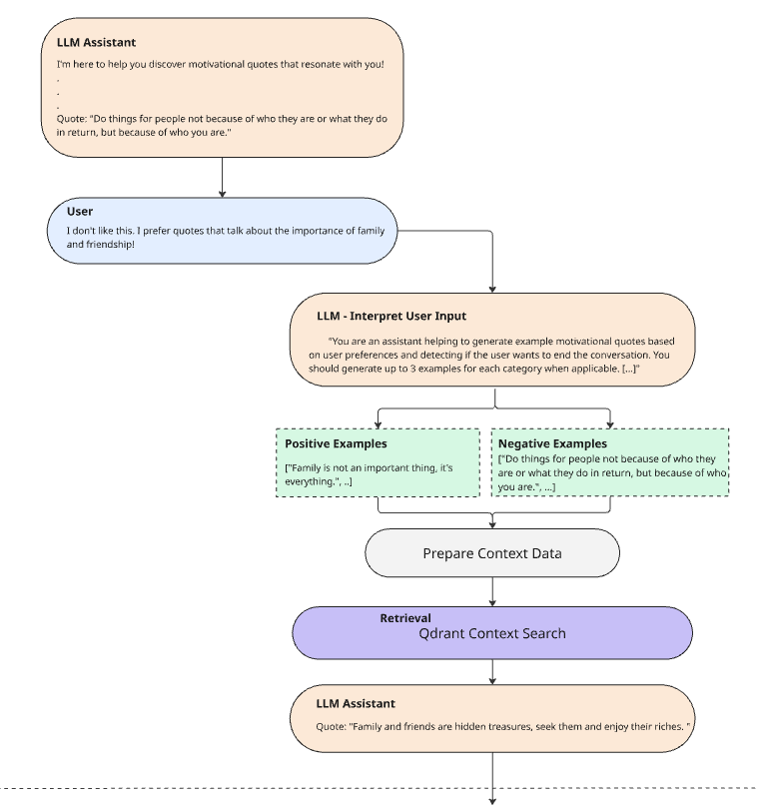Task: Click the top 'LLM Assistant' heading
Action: click(96, 42)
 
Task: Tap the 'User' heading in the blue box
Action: click(80, 211)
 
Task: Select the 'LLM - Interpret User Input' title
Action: click(391, 316)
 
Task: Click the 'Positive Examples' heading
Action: click(336, 443)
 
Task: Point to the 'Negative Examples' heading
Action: click(552, 443)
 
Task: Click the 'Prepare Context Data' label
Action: click(492, 553)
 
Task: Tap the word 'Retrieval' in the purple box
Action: click(405, 618)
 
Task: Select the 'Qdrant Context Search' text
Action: click(492, 633)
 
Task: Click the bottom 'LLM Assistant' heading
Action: click(356, 703)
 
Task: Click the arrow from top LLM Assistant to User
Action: click(223, 177)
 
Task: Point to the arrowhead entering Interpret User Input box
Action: click(492, 290)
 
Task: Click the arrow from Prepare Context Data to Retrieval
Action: click(492, 591)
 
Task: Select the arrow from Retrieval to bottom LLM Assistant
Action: click(492, 671)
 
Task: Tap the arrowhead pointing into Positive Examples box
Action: click(379, 425)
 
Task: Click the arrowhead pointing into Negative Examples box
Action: click(610, 425)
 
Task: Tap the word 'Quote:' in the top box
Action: click(72, 119)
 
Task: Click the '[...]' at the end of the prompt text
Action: click(630, 369)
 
